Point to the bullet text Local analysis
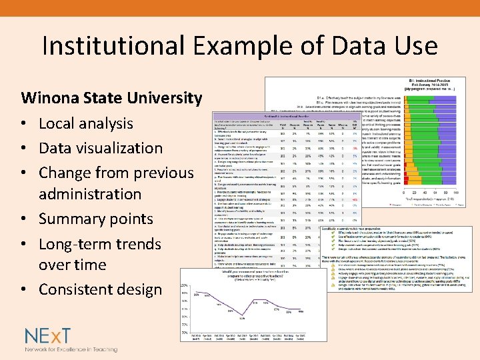coord(85,123)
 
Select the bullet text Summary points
coord(96,219)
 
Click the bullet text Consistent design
coord(100,289)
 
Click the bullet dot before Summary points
coord(25,219)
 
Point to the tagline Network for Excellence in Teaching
coord(71,349)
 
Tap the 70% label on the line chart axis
coord(182,332)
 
